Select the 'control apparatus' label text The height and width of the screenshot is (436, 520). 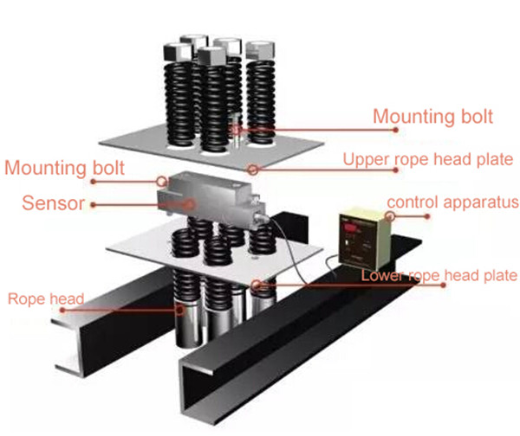(452, 203)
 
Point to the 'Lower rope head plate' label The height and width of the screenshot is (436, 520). (439, 276)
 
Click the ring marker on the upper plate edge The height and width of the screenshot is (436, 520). (252, 168)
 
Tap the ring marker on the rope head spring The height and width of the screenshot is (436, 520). (179, 308)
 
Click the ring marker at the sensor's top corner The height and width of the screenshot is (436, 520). (162, 181)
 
